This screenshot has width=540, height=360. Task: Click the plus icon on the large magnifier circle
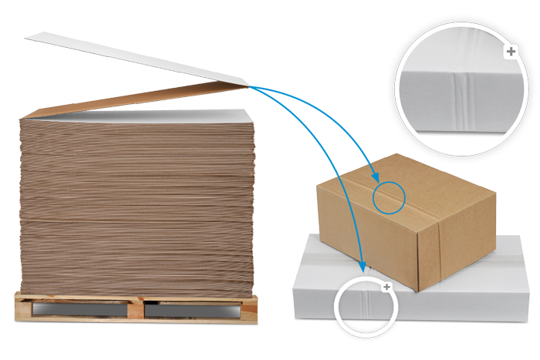[x=510, y=52]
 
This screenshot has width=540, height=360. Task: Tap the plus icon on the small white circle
[x=387, y=287]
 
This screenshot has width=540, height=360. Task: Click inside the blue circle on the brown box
[x=389, y=197]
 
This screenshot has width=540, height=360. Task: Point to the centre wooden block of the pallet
[x=136, y=310]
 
